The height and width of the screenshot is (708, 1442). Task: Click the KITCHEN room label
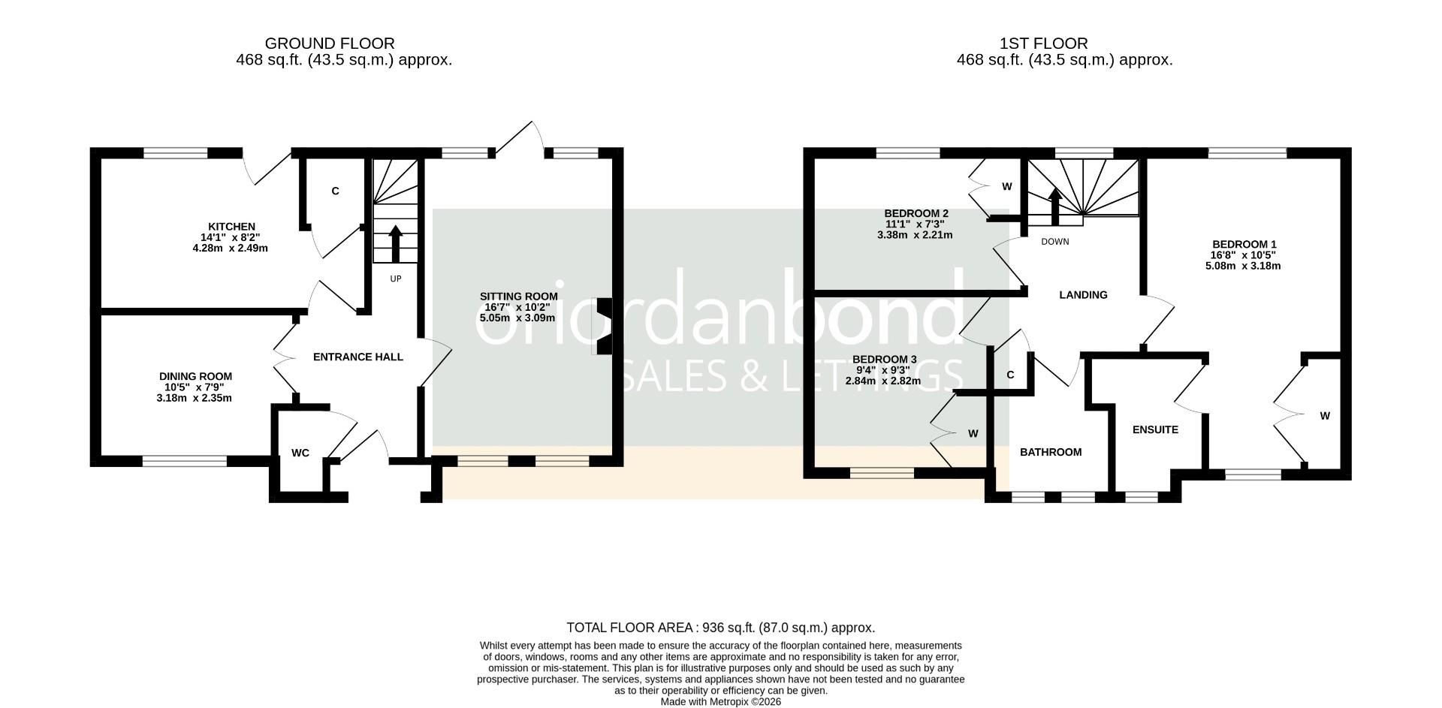(231, 227)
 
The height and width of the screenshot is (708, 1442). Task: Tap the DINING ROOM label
(195, 377)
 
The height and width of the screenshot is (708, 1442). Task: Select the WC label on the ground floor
(300, 453)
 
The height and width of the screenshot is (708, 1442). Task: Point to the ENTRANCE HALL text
(357, 357)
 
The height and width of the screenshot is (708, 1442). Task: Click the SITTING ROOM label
(518, 297)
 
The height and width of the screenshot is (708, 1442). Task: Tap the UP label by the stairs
(396, 279)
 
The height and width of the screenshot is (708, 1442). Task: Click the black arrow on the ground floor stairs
(396, 242)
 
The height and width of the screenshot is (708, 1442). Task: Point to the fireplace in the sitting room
(603, 327)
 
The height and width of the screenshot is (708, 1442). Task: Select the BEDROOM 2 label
(916, 213)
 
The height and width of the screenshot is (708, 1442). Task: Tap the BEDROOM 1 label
(1244, 245)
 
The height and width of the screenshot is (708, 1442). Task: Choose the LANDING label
(1083, 295)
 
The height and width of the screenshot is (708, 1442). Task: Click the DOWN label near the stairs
(1054, 242)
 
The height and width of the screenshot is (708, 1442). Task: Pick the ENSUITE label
(1155, 430)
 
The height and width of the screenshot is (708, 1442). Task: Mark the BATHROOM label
(1051, 452)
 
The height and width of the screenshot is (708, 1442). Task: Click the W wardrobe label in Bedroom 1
(1325, 416)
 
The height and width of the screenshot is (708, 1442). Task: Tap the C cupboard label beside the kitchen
(335, 191)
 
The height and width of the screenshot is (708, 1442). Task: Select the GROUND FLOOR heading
(330, 44)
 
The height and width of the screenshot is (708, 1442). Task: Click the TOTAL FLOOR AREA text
(720, 628)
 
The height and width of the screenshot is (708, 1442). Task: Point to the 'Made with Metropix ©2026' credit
(720, 701)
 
